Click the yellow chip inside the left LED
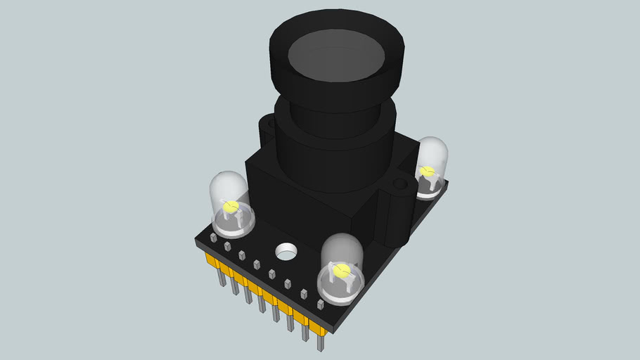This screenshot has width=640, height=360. point(231,207)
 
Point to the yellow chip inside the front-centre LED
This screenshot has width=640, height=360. point(342,271)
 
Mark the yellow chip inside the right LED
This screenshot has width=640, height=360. point(426,171)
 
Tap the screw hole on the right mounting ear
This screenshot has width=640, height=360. point(400,185)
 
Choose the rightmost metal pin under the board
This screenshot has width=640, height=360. point(321,342)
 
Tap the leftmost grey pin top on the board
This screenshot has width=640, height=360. point(212,238)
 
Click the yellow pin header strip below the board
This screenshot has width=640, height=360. point(267,292)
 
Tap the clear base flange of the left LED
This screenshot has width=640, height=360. point(232,225)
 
